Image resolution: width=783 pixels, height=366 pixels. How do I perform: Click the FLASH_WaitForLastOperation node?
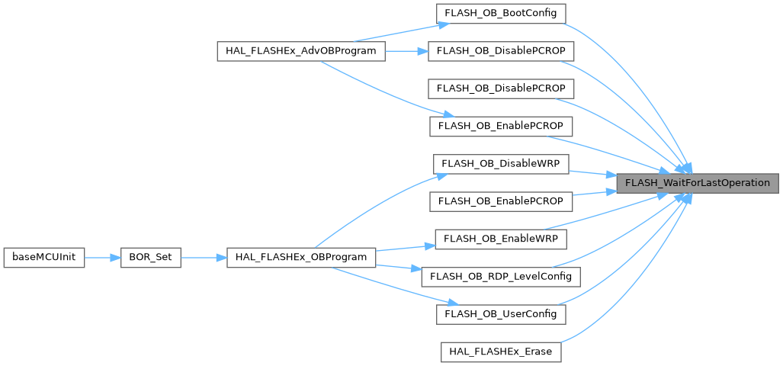(698, 183)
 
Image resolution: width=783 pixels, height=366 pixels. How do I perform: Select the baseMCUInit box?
(43, 258)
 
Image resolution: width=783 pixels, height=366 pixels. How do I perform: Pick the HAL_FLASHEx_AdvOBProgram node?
(301, 51)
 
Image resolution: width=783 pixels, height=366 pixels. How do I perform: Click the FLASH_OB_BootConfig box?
(500, 13)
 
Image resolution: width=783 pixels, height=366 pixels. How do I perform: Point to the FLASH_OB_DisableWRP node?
(500, 163)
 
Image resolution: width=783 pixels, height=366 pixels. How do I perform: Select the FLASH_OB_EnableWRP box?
(500, 238)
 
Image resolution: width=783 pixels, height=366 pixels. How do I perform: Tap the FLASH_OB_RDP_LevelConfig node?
(500, 275)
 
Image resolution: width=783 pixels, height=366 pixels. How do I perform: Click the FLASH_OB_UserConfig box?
(500, 313)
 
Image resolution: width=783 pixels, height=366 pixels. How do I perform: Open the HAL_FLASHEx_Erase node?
(500, 352)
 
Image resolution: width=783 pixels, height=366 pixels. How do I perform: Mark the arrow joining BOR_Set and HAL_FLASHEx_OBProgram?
(204, 258)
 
